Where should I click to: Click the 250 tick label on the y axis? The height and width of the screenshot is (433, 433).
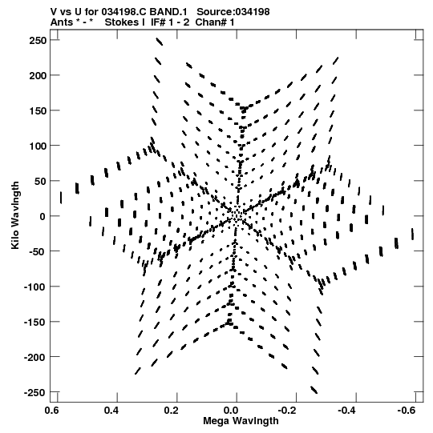tap(38, 41)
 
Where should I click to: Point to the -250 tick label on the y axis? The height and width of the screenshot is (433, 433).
tap(35, 392)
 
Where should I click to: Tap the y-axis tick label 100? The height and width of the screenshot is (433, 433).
tap(38, 146)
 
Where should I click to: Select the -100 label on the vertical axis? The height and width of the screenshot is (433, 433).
tap(35, 287)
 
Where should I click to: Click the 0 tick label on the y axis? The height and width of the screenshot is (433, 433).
tap(42, 216)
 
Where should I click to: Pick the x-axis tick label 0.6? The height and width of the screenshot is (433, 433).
tap(51, 411)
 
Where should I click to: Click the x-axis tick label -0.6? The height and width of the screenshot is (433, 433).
tap(407, 411)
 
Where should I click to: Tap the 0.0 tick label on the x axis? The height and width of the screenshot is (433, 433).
tap(231, 411)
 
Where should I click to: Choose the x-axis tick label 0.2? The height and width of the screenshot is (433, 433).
tap(171, 411)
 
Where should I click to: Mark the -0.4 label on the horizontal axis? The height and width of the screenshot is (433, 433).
tap(346, 411)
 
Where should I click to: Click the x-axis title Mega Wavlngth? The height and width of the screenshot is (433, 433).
tap(241, 421)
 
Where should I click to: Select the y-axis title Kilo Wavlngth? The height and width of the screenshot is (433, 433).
tap(15, 215)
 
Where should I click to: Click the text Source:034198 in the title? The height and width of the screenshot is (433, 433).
tap(233, 12)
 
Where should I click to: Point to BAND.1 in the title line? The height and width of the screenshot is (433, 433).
tap(168, 12)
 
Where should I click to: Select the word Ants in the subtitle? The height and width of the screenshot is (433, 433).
tap(62, 22)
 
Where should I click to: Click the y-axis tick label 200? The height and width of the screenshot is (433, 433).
tap(38, 75)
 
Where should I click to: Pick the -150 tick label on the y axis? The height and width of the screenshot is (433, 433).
tap(35, 322)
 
